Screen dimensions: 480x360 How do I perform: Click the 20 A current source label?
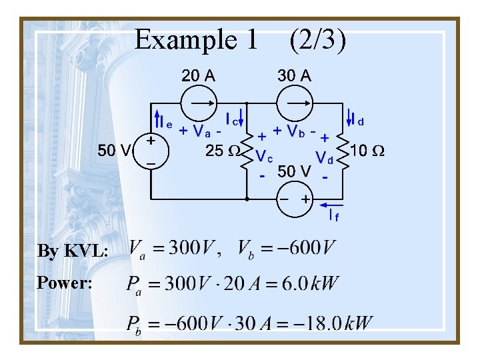[199, 75]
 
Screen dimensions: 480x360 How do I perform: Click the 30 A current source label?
[294, 75]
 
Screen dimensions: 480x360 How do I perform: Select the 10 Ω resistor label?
[367, 150]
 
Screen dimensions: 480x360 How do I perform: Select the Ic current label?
[234, 119]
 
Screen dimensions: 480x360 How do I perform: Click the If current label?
[333, 215]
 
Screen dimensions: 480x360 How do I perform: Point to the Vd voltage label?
[325, 158]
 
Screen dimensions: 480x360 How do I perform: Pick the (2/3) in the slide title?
[317, 41]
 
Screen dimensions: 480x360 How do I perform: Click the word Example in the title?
[179, 41]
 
